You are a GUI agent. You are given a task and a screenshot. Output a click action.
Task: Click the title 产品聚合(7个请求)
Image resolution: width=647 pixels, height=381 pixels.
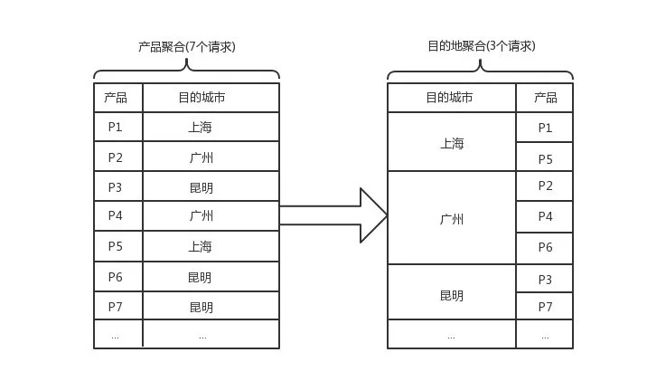(x=186, y=47)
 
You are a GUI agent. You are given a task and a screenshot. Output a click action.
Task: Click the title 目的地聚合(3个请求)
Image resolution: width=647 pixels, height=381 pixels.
(x=481, y=46)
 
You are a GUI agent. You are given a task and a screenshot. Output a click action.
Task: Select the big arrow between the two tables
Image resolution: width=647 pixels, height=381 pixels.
(x=333, y=215)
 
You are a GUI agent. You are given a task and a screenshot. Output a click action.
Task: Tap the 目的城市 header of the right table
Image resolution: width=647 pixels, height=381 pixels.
(x=452, y=98)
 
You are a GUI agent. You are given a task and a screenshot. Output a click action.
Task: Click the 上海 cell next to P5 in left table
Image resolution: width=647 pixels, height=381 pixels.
(x=211, y=246)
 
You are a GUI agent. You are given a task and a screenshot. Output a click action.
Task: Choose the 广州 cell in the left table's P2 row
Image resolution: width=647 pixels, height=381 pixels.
(x=211, y=157)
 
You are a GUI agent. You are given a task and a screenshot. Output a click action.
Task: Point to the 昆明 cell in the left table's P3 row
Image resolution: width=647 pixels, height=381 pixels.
(x=211, y=186)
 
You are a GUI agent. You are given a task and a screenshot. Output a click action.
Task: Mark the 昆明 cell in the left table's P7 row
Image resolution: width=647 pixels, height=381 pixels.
(x=211, y=306)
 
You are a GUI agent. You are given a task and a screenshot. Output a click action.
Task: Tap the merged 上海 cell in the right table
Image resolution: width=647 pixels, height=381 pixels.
(x=452, y=142)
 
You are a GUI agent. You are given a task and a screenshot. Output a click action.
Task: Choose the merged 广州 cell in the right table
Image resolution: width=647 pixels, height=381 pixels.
(x=452, y=218)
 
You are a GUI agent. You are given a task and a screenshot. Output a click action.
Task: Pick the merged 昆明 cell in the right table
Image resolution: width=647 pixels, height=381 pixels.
(x=452, y=292)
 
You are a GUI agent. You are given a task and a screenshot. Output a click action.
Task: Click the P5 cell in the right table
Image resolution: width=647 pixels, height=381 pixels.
(x=545, y=157)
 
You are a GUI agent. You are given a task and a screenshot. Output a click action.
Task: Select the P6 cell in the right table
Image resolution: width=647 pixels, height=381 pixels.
(x=545, y=248)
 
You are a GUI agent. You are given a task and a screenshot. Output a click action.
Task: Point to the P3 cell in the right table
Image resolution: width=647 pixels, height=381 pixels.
(x=545, y=279)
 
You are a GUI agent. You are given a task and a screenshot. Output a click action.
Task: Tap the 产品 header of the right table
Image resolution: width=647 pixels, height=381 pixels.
(x=545, y=98)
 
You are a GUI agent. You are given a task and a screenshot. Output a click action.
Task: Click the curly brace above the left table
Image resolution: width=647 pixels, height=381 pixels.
(x=186, y=69)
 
